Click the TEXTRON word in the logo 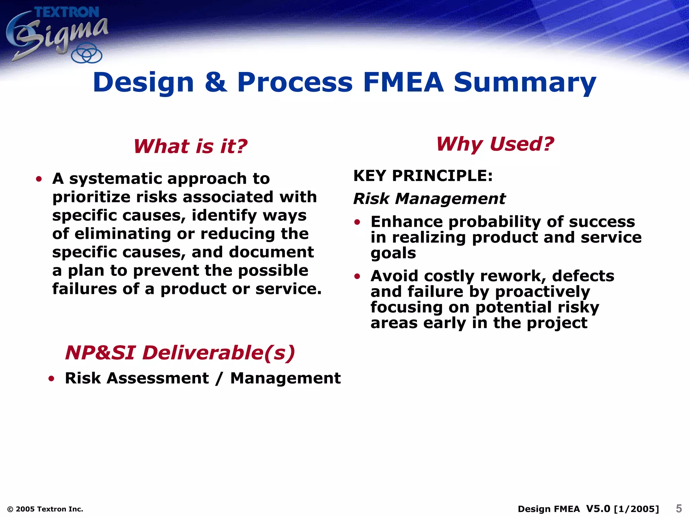pos(67,12)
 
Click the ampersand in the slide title pos(216,82)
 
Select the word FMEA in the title pos(403,82)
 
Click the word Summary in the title pos(525,83)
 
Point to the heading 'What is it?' pos(190,146)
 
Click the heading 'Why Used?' pos(495,144)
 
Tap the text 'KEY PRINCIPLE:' pos(423,176)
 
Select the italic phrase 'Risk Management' pos(429,199)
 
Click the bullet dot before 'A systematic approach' pos(39,179)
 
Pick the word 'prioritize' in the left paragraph pos(90,197)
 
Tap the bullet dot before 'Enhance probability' pos(357,222)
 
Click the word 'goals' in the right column pos(393,253)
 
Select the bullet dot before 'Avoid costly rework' pos(357,276)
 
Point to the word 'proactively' pos(542,292)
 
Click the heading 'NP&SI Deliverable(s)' pos(180,353)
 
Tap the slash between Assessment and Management pos(219,378)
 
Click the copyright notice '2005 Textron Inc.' pos(45,509)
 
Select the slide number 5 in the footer pos(679,508)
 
